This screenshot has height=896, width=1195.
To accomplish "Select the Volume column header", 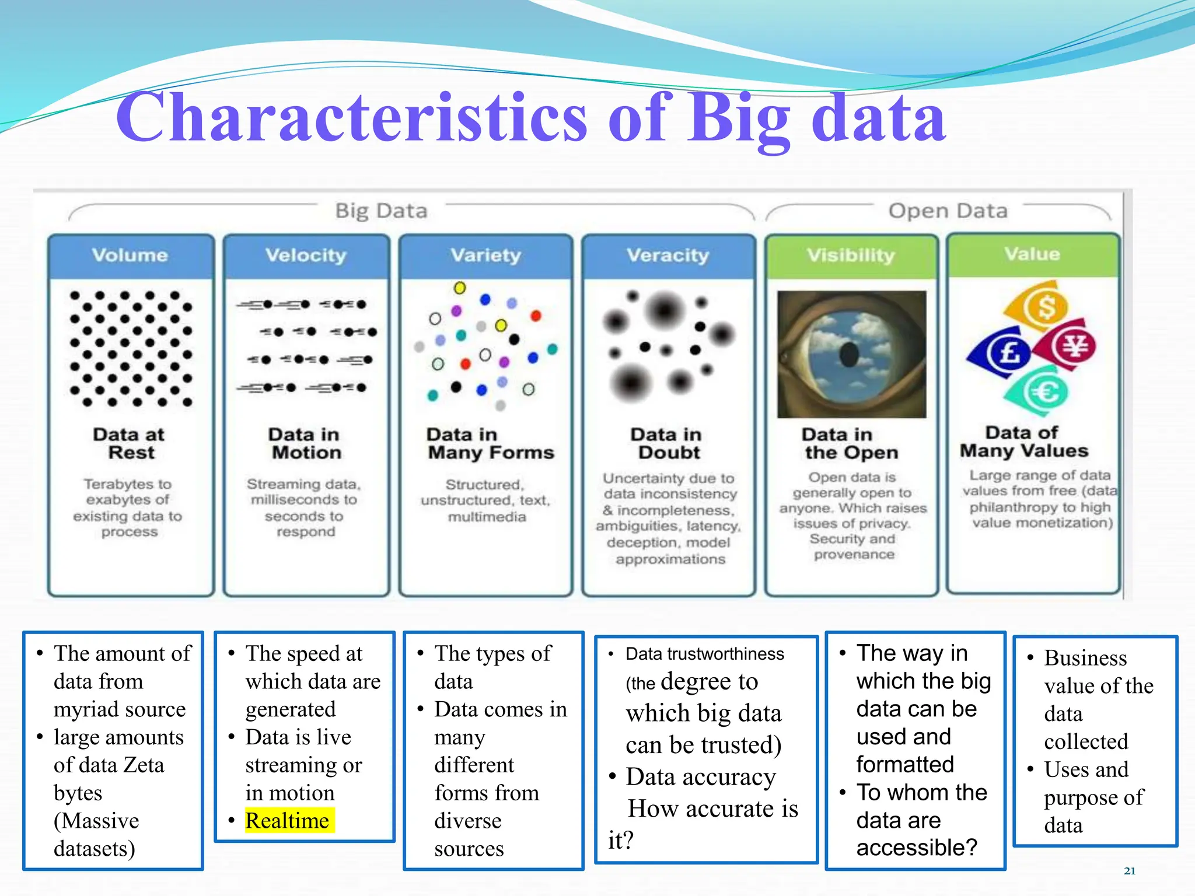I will [x=130, y=255].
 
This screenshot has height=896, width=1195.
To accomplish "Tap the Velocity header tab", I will [x=306, y=255].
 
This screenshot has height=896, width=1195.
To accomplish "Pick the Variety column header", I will [x=485, y=255].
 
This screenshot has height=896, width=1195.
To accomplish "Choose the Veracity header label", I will [x=668, y=255].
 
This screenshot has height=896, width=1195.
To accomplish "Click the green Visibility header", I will [x=851, y=255].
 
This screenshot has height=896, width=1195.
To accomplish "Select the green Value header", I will [x=1032, y=254].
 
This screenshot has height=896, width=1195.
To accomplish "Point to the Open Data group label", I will [x=948, y=211].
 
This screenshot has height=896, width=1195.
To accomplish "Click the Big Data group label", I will [x=381, y=211].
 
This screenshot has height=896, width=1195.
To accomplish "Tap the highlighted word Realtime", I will [x=287, y=821].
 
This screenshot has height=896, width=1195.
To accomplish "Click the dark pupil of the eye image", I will [x=849, y=354].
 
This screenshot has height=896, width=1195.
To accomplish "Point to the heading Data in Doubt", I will [x=666, y=443].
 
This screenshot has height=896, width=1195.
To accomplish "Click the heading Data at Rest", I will [x=130, y=443].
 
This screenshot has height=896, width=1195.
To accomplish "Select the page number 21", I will [x=1130, y=871].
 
